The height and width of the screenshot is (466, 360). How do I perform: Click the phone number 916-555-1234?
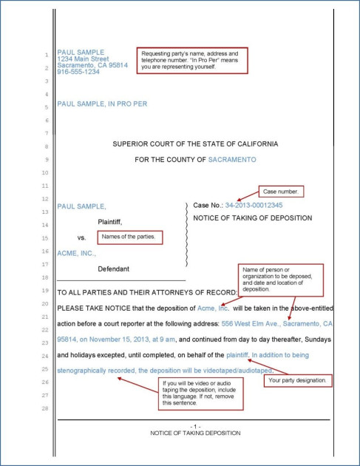[x=78, y=72]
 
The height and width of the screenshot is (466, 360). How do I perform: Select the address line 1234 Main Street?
[x=83, y=58]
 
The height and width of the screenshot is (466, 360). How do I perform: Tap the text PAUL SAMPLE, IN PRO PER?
[x=102, y=104]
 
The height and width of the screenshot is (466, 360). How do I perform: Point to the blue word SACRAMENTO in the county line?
[x=232, y=159]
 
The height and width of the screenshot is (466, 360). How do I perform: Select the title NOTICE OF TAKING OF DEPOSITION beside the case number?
[x=252, y=218]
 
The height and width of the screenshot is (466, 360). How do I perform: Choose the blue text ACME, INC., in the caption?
[x=77, y=253]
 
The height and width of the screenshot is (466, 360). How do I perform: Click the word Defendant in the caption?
[x=113, y=269]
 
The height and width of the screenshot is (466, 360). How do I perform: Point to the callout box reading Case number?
[x=279, y=192]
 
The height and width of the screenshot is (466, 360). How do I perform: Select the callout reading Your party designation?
[x=296, y=380]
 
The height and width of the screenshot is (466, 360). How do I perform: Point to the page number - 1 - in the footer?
[x=194, y=427]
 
